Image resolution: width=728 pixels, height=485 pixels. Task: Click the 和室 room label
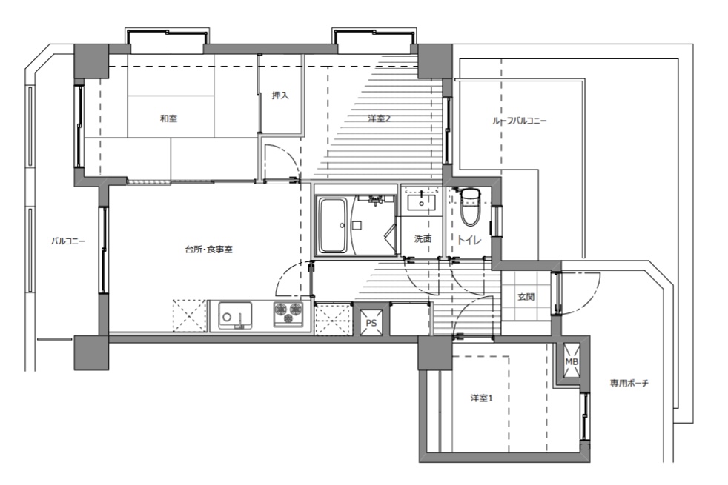[x=168, y=118]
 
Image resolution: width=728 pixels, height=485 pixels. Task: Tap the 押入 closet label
[x=280, y=96]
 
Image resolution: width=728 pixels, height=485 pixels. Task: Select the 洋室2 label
[x=379, y=118]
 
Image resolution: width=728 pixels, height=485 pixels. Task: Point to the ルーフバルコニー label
[x=519, y=121]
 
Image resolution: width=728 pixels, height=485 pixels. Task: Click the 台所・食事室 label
[x=209, y=250]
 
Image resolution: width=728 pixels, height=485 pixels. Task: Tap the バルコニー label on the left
[x=67, y=241]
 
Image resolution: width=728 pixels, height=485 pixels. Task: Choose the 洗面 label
[x=423, y=238]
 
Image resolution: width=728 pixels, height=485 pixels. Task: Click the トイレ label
[x=469, y=240]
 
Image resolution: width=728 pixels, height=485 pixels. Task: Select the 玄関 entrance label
[x=526, y=297]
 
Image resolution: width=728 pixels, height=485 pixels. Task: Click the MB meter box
[x=572, y=361]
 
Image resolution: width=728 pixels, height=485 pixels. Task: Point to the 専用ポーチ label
[x=629, y=384]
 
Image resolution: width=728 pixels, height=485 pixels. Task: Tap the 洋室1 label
[x=481, y=398]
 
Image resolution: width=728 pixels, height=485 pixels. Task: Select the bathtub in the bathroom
[x=333, y=225]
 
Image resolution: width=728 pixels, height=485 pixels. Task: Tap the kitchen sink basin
[x=236, y=315]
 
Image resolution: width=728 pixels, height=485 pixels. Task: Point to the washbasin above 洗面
[x=422, y=203]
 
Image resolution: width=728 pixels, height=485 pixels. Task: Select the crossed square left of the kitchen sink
[x=190, y=315]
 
